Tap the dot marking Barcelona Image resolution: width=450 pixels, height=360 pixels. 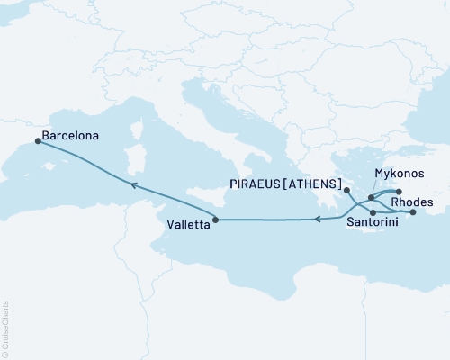coord(37,140)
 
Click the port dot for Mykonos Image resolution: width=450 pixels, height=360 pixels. coord(371,196)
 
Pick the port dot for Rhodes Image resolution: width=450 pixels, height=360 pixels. coord(413,213)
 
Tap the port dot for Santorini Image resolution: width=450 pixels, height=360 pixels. coord(373,211)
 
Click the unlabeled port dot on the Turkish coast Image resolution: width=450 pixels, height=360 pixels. coord(399,191)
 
